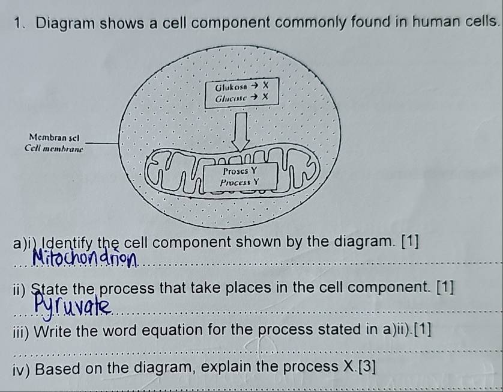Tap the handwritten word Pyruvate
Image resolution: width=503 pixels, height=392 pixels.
click(x=73, y=305)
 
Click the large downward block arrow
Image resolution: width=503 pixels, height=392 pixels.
click(x=241, y=132)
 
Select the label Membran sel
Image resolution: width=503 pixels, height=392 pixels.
click(x=54, y=138)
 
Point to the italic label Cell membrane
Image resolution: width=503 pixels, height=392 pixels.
click(x=54, y=149)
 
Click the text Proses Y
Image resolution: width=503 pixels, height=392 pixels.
click(x=240, y=171)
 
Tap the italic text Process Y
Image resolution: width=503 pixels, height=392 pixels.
click(x=239, y=183)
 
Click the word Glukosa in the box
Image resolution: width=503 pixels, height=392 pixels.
click(x=231, y=87)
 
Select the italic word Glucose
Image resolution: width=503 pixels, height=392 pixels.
click(x=231, y=98)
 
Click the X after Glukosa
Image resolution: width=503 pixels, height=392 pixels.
click(x=265, y=86)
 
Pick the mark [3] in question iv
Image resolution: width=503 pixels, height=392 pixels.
click(x=367, y=367)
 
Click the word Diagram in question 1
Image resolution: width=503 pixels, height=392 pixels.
click(x=65, y=24)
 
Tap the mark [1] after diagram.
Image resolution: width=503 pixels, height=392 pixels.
click(x=411, y=242)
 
